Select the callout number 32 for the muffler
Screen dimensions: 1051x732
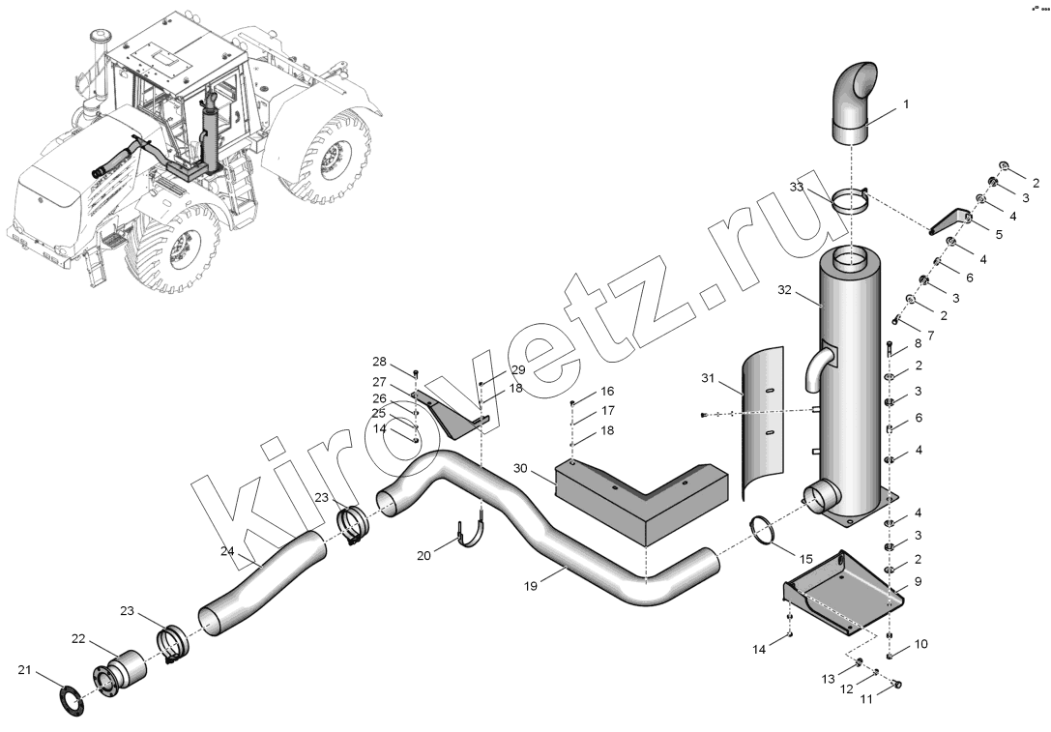[784, 290]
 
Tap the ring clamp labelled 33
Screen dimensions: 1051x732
[851, 202]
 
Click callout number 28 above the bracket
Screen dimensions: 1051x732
[379, 362]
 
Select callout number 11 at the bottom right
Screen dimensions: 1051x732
[866, 699]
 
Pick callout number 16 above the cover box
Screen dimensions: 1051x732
[606, 392]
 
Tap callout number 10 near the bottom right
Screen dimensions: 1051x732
[921, 644]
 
